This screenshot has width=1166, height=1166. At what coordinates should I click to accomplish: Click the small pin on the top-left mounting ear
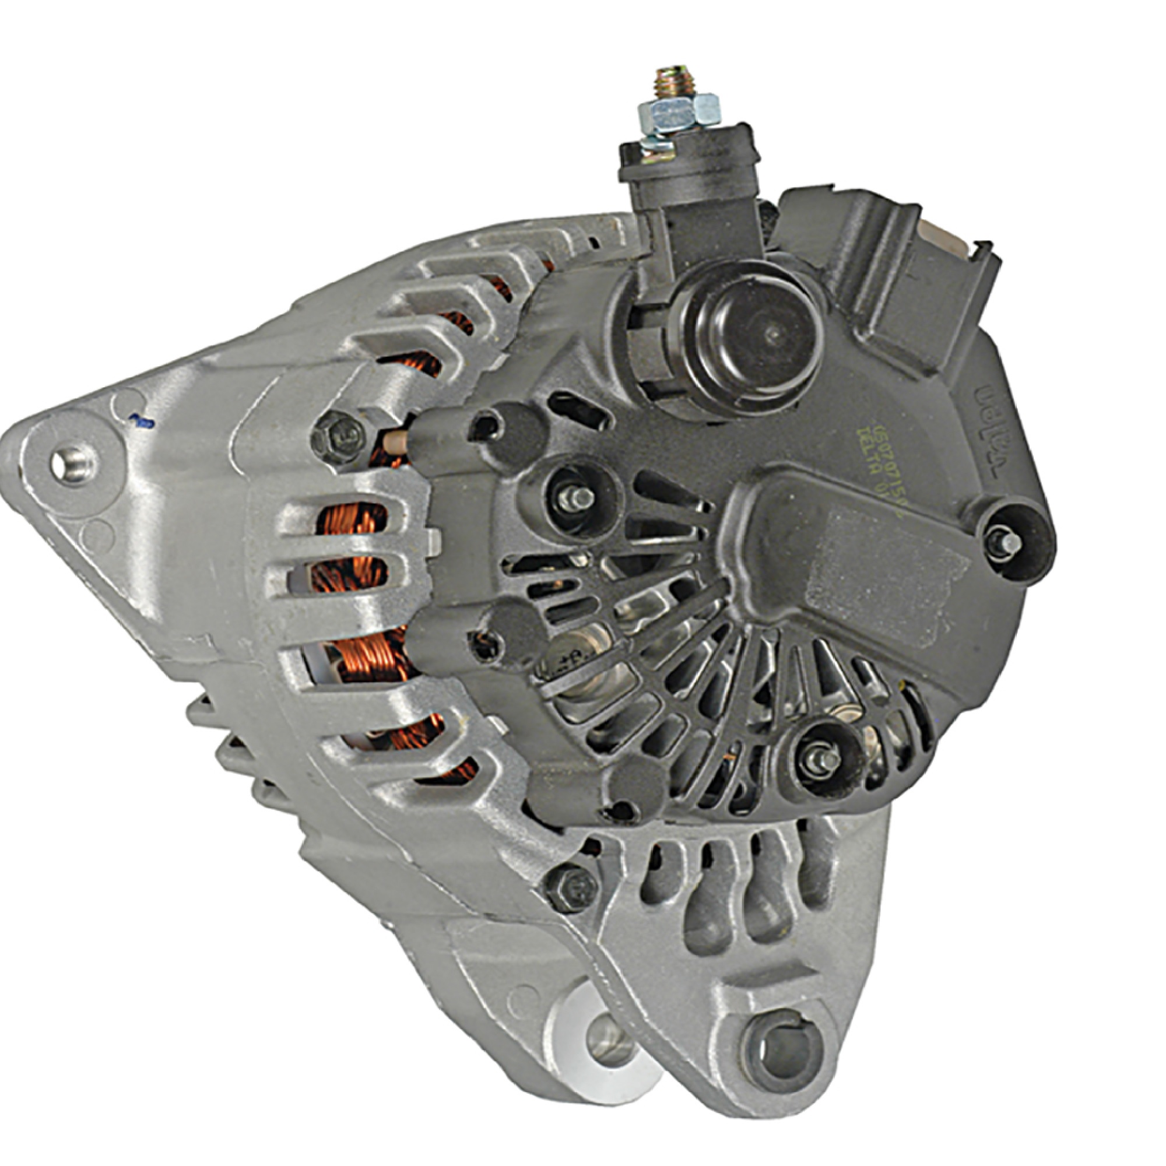[x=72, y=464]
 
